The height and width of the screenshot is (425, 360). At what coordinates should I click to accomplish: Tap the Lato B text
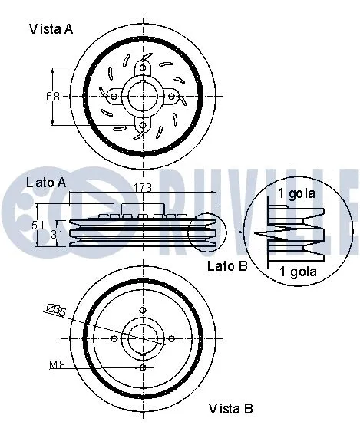pyautogui.click(x=226, y=266)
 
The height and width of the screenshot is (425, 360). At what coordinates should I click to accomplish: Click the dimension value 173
pyautogui.click(x=143, y=188)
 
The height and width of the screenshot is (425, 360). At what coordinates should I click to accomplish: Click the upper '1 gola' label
pyautogui.click(x=297, y=193)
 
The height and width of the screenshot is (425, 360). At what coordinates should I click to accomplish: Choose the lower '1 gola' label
pyautogui.click(x=297, y=272)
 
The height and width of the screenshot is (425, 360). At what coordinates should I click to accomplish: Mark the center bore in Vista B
pyautogui.click(x=144, y=338)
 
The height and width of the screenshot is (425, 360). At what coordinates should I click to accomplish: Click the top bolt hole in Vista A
pyautogui.click(x=143, y=67)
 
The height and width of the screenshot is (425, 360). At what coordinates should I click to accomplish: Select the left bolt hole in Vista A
pyautogui.click(x=114, y=97)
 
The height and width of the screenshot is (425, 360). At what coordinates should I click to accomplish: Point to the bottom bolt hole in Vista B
pyautogui.click(x=144, y=367)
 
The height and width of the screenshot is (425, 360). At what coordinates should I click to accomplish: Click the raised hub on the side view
pyautogui.click(x=143, y=209)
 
